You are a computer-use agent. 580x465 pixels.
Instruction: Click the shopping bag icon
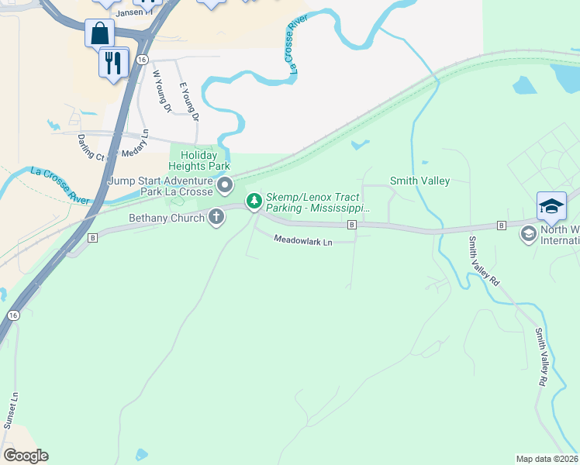[100, 33]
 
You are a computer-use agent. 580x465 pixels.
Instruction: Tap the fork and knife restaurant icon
[114, 62]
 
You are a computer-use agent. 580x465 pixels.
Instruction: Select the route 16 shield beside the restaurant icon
[140, 59]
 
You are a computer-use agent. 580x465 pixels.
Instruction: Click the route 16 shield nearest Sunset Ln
[13, 315]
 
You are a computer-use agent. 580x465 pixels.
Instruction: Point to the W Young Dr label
[161, 91]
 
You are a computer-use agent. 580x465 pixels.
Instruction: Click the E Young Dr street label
[189, 102]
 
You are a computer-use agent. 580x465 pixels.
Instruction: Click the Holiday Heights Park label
[200, 160]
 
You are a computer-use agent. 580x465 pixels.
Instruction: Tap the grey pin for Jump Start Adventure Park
[225, 185]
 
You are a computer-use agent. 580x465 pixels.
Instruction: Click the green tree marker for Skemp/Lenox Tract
[254, 201]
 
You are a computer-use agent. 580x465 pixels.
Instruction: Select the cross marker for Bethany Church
[216, 218]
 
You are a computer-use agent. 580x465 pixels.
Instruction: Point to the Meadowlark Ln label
[302, 241]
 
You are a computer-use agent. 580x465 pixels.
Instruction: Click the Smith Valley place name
[419, 181]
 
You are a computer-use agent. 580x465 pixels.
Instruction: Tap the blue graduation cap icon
[551, 206]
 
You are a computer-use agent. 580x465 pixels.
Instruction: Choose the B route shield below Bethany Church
[92, 237]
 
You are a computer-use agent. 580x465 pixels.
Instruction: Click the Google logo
[26, 456]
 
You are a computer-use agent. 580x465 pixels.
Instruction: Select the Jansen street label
[129, 13]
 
